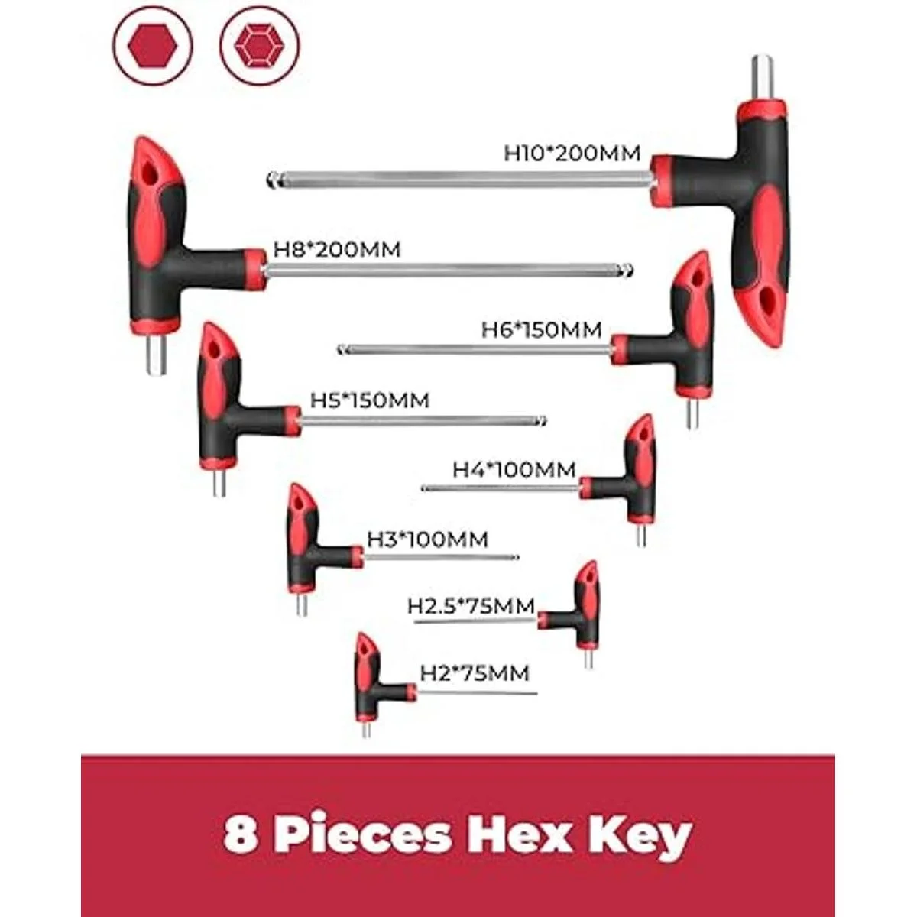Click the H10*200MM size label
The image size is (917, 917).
click(x=572, y=153)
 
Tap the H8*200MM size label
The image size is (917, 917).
click(x=337, y=250)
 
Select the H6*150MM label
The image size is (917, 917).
click(x=542, y=329)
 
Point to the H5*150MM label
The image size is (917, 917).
click(x=370, y=400)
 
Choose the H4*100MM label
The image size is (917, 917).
click(x=514, y=469)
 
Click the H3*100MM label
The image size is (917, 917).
click(x=427, y=540)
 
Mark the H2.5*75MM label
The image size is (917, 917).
click(x=471, y=606)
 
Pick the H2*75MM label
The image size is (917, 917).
click(x=475, y=673)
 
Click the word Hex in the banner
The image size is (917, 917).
click(x=523, y=835)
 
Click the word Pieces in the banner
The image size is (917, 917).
click(x=363, y=837)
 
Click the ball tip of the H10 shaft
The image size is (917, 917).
click(x=273, y=181)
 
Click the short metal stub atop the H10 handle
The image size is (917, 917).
click(x=761, y=76)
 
